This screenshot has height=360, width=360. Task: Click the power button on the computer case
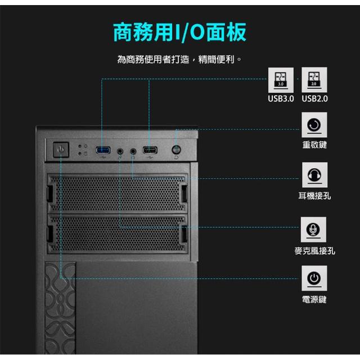coord(61,150)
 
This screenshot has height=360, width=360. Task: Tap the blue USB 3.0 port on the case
coord(103,150)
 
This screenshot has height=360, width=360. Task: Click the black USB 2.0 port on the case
coord(150,150)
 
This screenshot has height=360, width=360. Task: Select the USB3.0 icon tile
coord(281,80)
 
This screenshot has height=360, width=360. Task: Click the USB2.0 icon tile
coord(314,80)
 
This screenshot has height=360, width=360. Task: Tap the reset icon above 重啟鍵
coord(314,125)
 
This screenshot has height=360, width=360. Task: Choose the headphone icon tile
coord(314,175)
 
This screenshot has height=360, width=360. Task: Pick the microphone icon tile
coord(313,229)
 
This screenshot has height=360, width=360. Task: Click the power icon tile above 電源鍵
coord(314,278)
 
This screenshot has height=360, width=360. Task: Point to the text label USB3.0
coord(281,99)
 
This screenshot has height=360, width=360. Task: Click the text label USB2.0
coord(314,99)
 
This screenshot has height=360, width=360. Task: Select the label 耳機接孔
coord(314,196)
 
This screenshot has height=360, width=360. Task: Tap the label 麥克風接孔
coord(315,251)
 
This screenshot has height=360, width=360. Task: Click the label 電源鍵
coord(314,299)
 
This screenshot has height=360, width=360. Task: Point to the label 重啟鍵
coord(314,145)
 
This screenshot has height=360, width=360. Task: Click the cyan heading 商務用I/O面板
coord(180,32)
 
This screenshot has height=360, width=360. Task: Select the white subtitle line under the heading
coord(179,60)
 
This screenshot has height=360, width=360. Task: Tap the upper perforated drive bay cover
coord(118,193)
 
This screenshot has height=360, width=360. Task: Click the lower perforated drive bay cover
coord(118,234)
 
